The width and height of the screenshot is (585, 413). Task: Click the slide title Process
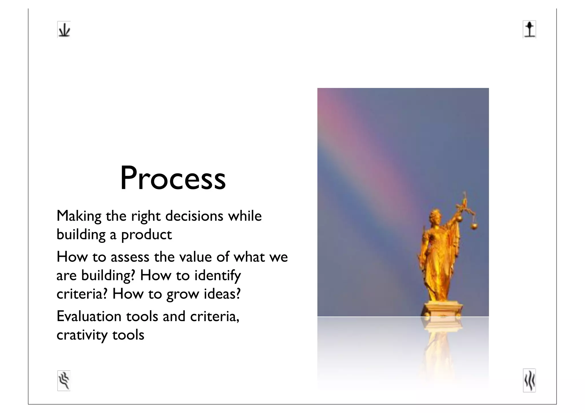[x=173, y=178]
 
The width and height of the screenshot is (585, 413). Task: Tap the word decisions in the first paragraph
[x=194, y=216]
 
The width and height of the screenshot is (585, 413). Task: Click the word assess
[x=130, y=257]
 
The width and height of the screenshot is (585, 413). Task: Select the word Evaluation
[x=89, y=317]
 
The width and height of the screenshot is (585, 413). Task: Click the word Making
[x=79, y=216]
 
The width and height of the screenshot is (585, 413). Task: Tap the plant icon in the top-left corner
[x=64, y=30]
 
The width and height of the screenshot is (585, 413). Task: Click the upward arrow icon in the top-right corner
[x=529, y=29]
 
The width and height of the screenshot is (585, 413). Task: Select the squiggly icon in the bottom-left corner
[x=64, y=380]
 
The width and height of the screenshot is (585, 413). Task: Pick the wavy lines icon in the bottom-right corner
[x=529, y=380]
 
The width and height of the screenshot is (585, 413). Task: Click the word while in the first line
[x=245, y=216]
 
